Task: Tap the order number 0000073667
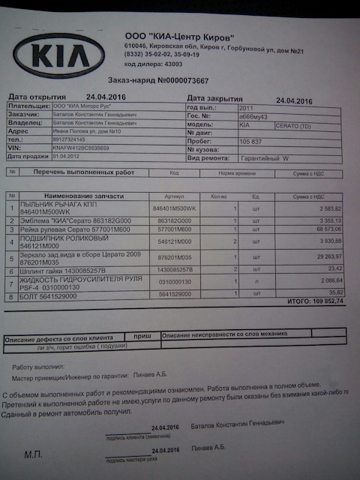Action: (x=183, y=79)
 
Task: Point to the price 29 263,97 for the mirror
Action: (x=307, y=255)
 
